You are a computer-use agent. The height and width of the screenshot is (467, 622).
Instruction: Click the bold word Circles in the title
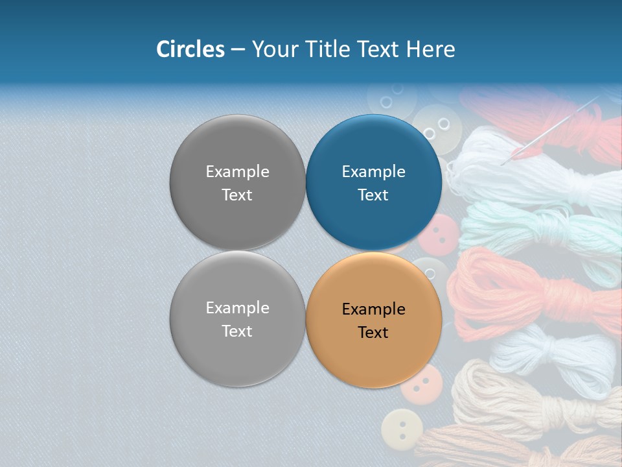click(x=190, y=49)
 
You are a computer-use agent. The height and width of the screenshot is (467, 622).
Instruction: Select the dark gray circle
click(x=237, y=182)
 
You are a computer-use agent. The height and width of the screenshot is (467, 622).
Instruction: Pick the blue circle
click(x=373, y=182)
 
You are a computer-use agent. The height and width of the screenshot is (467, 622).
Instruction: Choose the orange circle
click(x=373, y=319)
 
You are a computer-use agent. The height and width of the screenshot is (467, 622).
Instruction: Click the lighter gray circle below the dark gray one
click(x=237, y=318)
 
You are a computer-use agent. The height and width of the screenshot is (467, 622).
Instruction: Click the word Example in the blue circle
click(x=373, y=171)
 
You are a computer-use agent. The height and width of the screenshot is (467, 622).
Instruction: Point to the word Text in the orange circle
click(x=373, y=332)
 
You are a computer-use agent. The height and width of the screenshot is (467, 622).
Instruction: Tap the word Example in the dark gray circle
click(x=237, y=171)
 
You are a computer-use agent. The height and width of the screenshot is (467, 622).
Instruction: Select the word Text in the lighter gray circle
click(x=237, y=331)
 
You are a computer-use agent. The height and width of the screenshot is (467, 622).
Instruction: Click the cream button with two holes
click(x=402, y=429)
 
